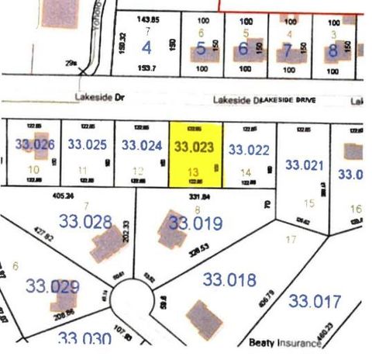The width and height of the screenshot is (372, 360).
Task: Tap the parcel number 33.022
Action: point(250,149)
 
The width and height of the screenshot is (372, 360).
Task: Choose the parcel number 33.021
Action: point(305,164)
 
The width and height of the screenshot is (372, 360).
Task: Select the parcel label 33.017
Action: point(314,300)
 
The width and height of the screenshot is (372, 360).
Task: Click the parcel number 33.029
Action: point(52,286)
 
